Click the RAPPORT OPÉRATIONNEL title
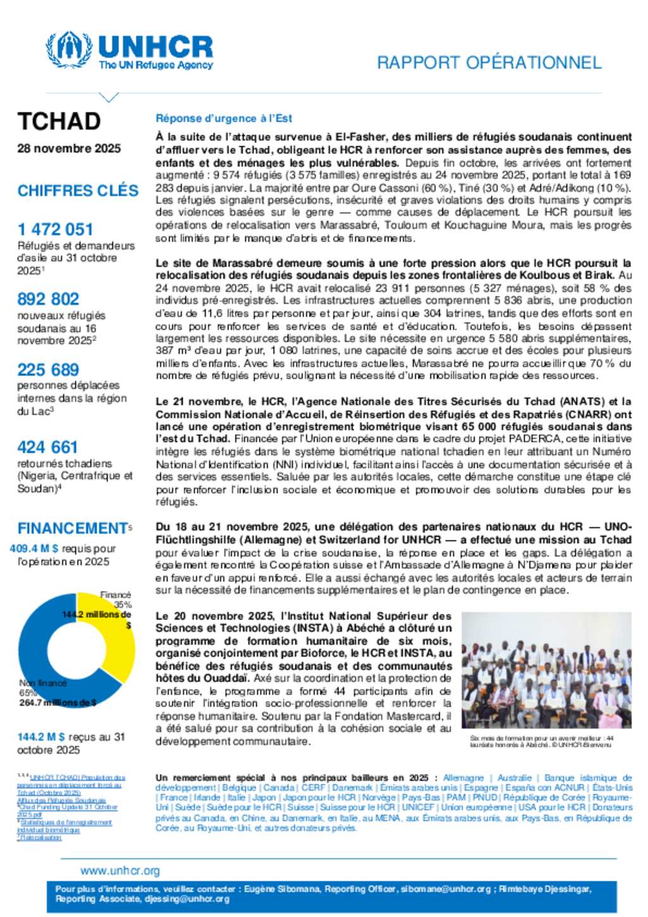coord(489,63)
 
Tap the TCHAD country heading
coord(59,121)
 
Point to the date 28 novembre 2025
coord(69,149)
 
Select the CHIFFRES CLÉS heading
coord(78,190)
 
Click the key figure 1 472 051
coord(55,229)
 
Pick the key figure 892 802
coord(48,299)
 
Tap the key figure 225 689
coord(48,370)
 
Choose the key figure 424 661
coord(47,447)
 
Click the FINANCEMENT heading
coord(73,528)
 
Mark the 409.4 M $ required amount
coord(34,549)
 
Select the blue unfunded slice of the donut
coord(38,652)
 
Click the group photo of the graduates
coord(546,670)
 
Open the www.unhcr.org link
coord(120,871)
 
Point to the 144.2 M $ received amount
coord(41,737)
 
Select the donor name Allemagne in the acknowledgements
coord(463,778)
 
